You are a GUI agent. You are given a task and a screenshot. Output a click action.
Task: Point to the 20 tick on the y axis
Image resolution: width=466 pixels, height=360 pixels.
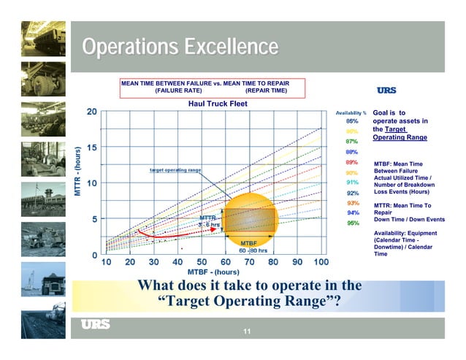pos(92,112)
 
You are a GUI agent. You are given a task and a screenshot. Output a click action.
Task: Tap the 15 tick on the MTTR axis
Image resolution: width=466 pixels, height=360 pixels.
pos(92,148)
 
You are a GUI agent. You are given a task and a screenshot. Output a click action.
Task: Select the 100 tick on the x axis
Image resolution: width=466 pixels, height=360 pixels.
pos(321,262)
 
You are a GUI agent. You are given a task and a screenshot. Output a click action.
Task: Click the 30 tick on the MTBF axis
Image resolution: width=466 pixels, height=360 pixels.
pos(154,262)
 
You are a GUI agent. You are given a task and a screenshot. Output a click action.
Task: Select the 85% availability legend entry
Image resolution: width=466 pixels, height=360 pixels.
pos(351,120)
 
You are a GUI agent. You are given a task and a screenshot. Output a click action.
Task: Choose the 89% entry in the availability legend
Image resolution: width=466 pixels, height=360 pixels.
pos(351,161)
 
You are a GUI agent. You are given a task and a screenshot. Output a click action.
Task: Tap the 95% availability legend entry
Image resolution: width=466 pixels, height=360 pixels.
pos(351,223)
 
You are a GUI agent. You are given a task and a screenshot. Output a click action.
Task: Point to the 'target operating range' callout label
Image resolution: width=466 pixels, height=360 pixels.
pos(175,169)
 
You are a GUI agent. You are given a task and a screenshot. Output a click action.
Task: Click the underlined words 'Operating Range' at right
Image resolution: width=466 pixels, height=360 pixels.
pos(400,137)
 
